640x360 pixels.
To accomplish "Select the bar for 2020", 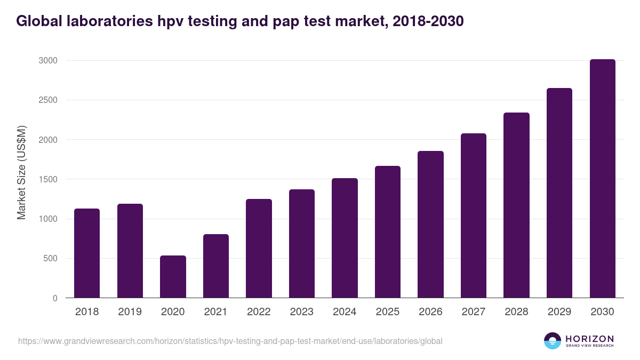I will (x=173, y=277).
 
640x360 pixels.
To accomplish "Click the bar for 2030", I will (x=603, y=179).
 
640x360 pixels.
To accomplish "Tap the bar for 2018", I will (x=87, y=253).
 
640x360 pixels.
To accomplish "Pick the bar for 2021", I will (x=216, y=266).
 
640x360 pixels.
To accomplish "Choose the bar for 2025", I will (x=388, y=232).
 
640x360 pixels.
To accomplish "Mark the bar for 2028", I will (x=516, y=205).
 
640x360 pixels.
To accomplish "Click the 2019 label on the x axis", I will (x=130, y=312).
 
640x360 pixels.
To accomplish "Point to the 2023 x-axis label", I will (x=302, y=312).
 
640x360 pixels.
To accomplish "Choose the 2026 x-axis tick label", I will (x=430, y=312).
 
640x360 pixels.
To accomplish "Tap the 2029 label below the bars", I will (x=559, y=312).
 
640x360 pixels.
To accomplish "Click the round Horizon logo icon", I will (x=553, y=341).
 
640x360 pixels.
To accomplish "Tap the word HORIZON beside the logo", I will (x=590, y=338).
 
